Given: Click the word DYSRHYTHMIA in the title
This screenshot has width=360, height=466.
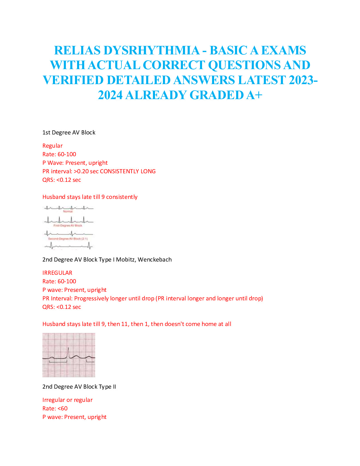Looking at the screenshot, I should click(152, 50).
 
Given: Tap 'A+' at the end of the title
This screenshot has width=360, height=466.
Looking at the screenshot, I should click(254, 95).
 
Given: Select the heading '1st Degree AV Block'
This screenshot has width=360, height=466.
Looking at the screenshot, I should click(69, 132).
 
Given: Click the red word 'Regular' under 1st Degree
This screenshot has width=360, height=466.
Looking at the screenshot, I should click(52, 146).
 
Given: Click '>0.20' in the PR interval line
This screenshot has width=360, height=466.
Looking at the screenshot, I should click(81, 171).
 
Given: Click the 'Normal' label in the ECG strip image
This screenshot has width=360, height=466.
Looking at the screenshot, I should click(68, 212).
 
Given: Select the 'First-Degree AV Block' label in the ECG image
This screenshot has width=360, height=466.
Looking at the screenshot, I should click(68, 225).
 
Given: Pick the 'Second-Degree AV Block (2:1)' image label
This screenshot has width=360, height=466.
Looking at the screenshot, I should click(68, 239).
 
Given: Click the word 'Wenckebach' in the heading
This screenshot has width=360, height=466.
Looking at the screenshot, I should click(155, 259).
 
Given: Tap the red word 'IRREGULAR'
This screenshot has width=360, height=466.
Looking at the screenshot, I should click(57, 273).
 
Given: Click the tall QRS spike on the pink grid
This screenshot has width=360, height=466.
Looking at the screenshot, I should click(68, 352).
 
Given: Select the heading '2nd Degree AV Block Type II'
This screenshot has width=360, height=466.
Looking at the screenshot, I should click(79, 387).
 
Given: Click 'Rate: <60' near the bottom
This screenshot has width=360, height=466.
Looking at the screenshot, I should click(55, 408).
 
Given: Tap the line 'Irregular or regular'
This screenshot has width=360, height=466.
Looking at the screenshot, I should click(67, 400).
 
